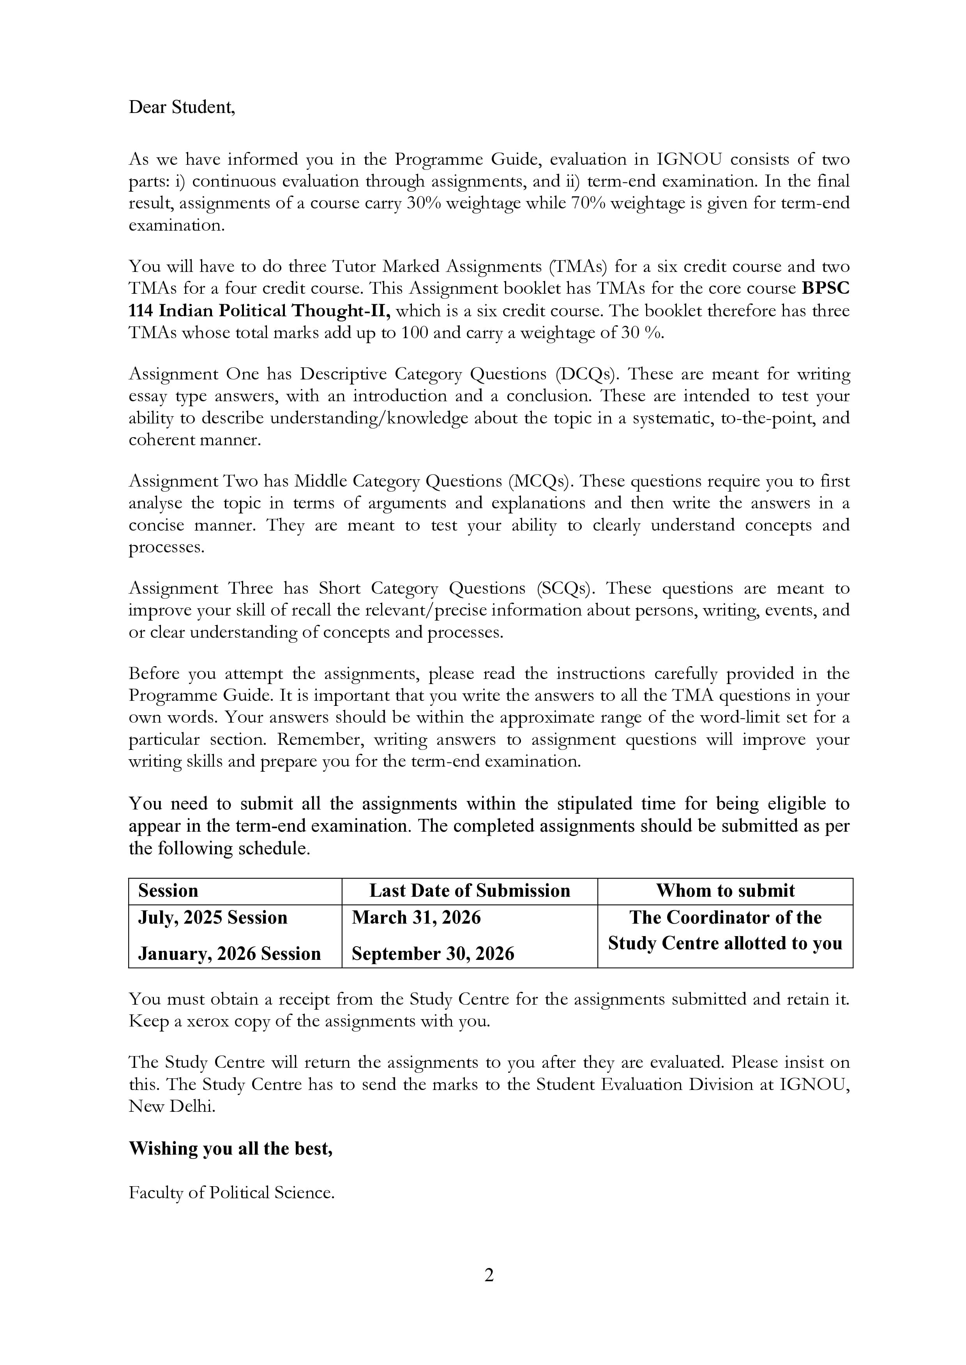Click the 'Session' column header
click(168, 891)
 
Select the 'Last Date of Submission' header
click(469, 891)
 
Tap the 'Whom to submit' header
click(725, 891)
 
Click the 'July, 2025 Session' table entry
click(213, 918)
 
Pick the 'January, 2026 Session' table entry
click(230, 954)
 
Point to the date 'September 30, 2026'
click(433, 954)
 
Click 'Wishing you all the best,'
click(231, 1148)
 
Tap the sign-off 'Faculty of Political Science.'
click(232, 1192)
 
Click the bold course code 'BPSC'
click(826, 288)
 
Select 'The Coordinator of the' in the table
click(725, 918)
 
